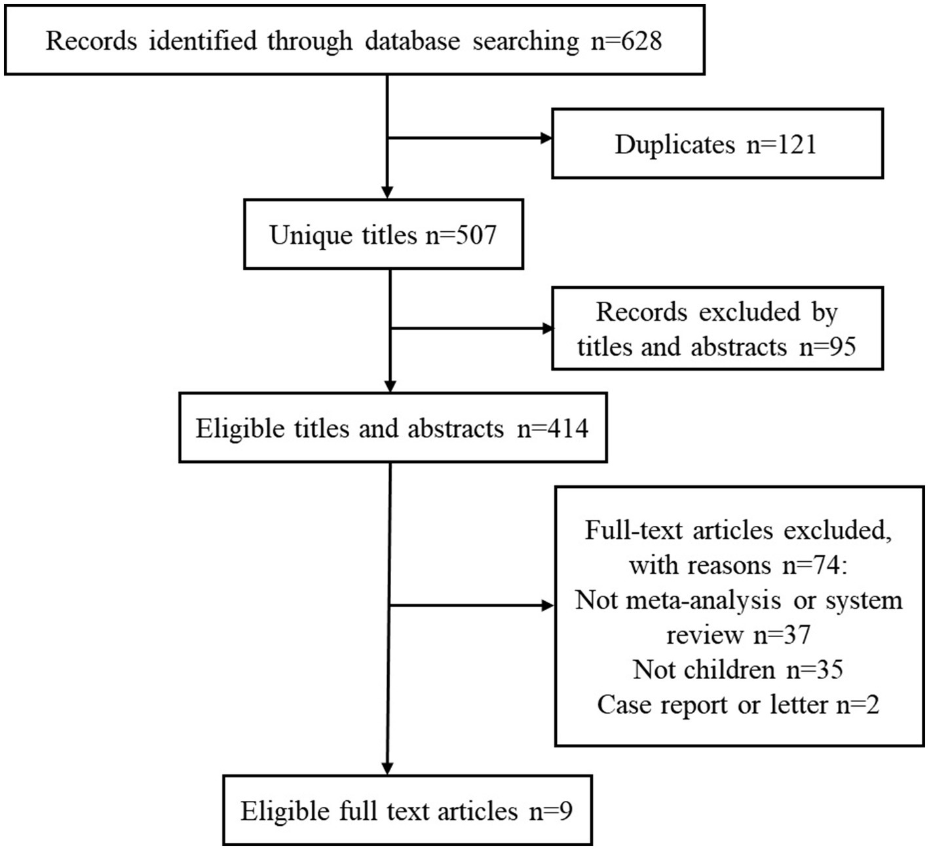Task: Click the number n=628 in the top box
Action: pos(626,41)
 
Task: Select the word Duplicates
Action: pos(675,144)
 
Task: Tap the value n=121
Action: pos(782,144)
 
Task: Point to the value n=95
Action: pos(827,346)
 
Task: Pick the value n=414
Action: pos(552,428)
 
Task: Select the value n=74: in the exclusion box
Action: pos(815,564)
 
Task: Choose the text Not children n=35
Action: pos(738,669)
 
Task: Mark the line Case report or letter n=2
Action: pos(738,705)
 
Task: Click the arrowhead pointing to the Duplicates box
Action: pos(546,138)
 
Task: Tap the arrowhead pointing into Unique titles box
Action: pos(388,193)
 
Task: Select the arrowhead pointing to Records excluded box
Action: pos(546,329)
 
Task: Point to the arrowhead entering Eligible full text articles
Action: pos(388,769)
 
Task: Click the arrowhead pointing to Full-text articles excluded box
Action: pos(548,606)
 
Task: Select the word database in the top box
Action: pos(413,41)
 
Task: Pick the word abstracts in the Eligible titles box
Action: pos(455,428)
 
